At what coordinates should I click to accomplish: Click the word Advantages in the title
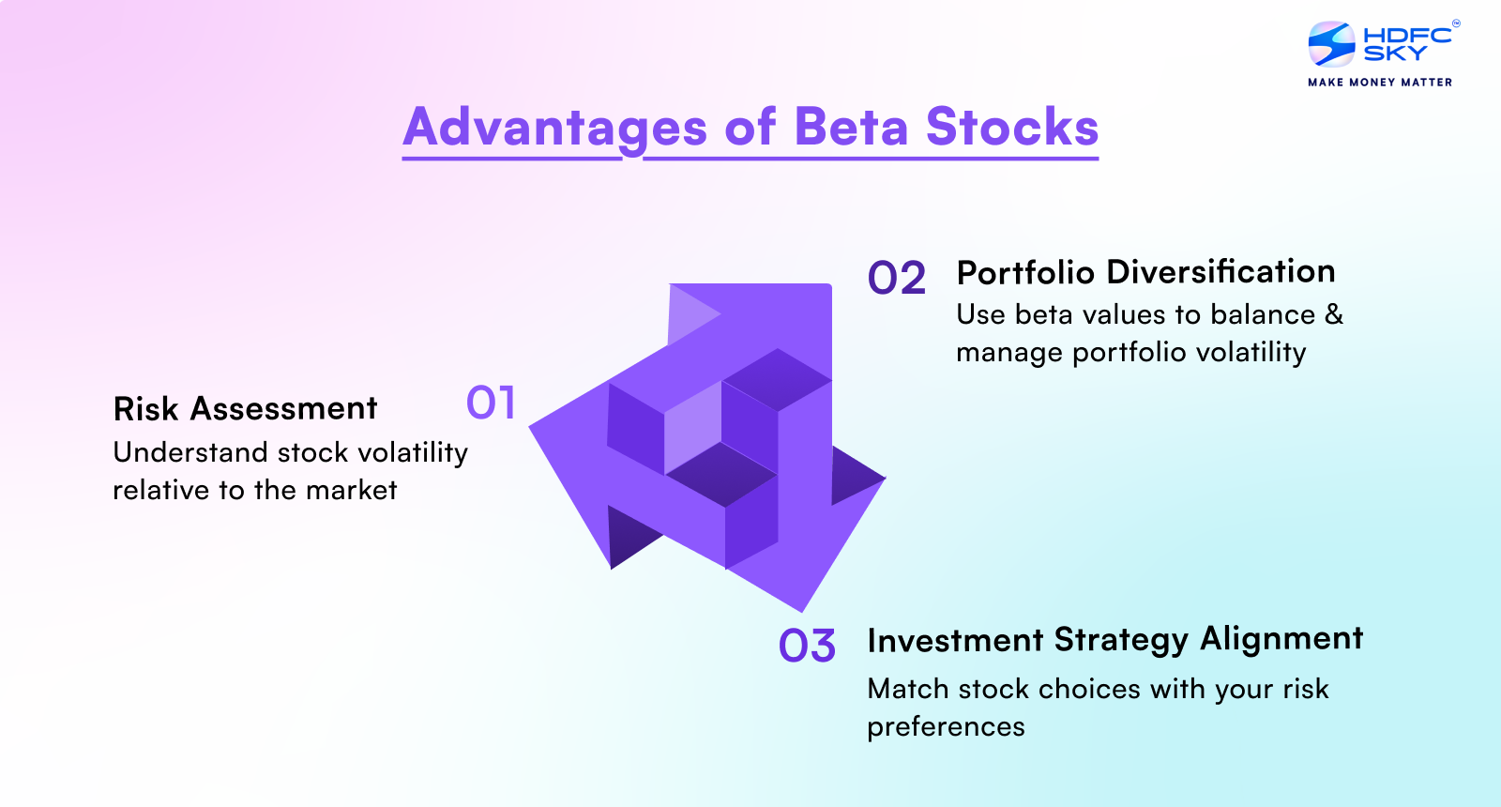[555, 128]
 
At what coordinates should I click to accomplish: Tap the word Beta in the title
[851, 128]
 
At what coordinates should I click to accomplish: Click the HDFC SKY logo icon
[1332, 44]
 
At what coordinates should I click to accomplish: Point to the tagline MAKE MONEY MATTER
[1380, 83]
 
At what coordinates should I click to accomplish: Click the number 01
[491, 403]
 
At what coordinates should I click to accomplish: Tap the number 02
[896, 279]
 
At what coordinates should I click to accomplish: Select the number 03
[807, 647]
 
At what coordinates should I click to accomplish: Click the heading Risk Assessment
[245, 409]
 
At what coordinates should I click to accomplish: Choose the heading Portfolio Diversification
[1145, 272]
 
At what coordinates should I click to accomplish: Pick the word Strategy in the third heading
[1121, 640]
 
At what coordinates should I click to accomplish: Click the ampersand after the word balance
[1334, 314]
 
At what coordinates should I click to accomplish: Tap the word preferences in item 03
[946, 727]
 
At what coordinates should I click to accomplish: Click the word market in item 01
[351, 490]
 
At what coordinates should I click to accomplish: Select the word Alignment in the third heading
[1281, 638]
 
